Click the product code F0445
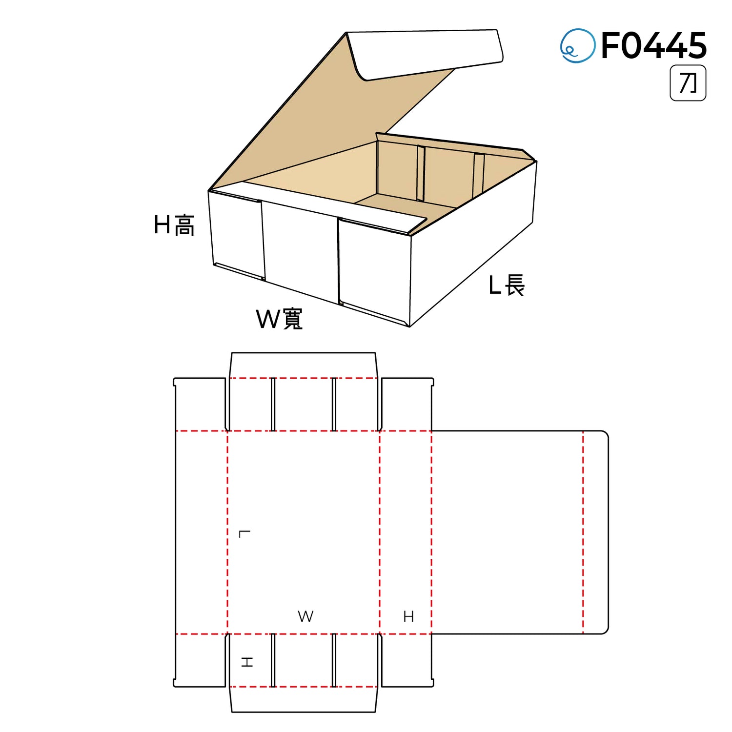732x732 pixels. (x=654, y=45)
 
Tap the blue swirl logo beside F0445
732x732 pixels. (x=577, y=45)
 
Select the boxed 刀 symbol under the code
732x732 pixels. (x=688, y=83)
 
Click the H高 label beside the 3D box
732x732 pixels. (x=174, y=225)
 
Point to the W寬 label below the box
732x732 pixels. (x=280, y=319)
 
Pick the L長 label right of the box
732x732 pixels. (x=507, y=285)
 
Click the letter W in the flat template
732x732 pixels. (x=305, y=616)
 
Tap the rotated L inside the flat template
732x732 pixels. (x=245, y=534)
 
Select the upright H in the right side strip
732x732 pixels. (x=408, y=617)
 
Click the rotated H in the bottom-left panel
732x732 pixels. (x=247, y=662)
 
